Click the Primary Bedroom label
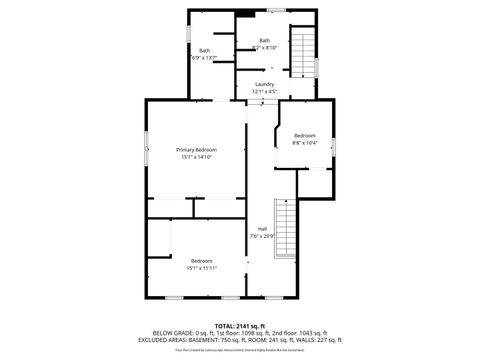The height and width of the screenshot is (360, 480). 197,149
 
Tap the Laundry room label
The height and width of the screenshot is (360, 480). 264,84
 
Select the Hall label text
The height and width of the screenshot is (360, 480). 262,229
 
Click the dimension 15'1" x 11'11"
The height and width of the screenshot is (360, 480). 202,267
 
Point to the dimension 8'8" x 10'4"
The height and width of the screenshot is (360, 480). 304,142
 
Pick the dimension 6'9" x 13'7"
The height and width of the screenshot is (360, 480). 204,57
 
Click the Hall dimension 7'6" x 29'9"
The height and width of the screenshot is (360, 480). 262,236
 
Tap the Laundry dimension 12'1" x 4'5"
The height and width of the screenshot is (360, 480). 264,91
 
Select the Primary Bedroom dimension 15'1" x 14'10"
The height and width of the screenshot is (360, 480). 197,156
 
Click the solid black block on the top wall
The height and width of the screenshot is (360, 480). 242,12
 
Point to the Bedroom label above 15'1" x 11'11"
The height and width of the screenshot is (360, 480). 202,260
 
